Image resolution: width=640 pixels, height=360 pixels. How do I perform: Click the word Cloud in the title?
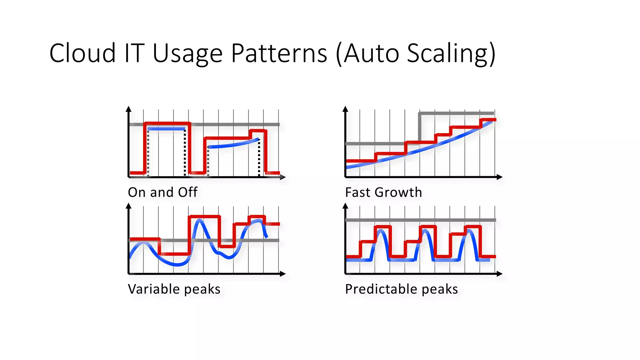(82, 53)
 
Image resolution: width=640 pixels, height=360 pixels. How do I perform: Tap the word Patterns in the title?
(279, 53)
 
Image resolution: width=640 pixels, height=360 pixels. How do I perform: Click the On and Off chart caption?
(162, 192)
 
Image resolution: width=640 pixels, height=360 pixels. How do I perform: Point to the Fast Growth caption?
(383, 192)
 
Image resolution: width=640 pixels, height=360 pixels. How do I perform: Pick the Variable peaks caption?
(174, 289)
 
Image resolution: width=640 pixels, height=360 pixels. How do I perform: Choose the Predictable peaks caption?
(401, 289)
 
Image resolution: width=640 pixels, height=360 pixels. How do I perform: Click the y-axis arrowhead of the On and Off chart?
(128, 109)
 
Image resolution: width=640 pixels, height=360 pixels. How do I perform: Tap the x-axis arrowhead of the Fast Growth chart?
(499, 177)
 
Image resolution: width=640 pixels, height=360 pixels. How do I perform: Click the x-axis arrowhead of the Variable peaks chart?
(283, 274)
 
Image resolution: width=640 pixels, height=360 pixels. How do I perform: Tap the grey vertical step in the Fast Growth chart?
(419, 128)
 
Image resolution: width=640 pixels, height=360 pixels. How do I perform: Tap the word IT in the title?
(134, 53)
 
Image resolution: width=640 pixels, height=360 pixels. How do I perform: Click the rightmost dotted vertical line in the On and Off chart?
(259, 158)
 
